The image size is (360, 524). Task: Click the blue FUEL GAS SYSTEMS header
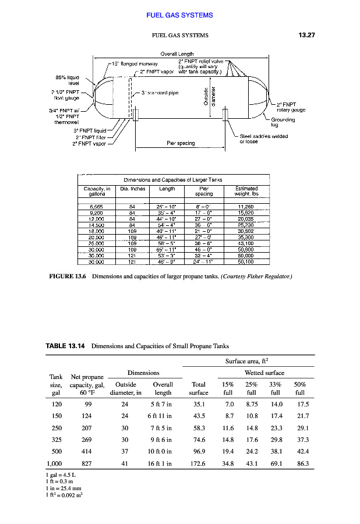point(179,15)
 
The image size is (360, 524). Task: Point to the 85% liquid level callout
point(67,80)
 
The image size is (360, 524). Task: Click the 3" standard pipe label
point(160,93)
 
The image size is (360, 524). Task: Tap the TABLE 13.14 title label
point(65,346)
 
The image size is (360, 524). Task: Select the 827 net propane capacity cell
point(86,463)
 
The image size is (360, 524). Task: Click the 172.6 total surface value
point(199,463)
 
